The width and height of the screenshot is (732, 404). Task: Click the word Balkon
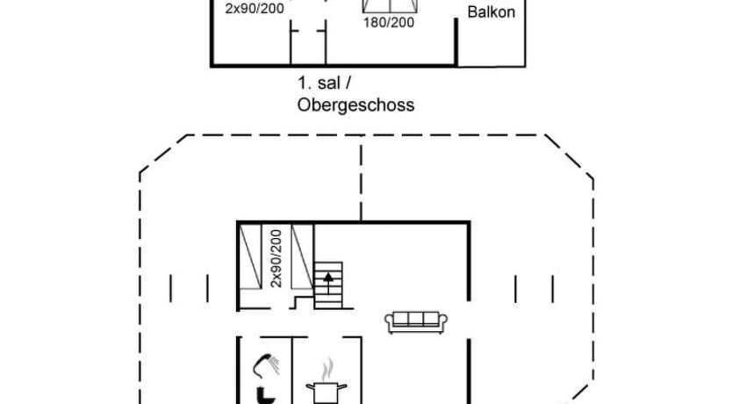[491, 13]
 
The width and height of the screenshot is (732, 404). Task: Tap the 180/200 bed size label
[388, 23]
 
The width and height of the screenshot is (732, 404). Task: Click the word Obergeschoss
[355, 105]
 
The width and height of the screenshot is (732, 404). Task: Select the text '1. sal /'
[324, 83]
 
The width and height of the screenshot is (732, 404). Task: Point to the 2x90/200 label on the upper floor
[255, 9]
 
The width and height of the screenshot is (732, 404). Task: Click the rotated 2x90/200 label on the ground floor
[276, 257]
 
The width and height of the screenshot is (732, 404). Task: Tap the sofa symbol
[417, 321]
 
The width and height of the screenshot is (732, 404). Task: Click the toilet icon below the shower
[262, 394]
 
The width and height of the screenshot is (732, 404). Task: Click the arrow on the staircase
[329, 282]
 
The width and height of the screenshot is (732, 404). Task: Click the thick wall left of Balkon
[457, 42]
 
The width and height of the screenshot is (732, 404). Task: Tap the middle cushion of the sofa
[417, 320]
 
